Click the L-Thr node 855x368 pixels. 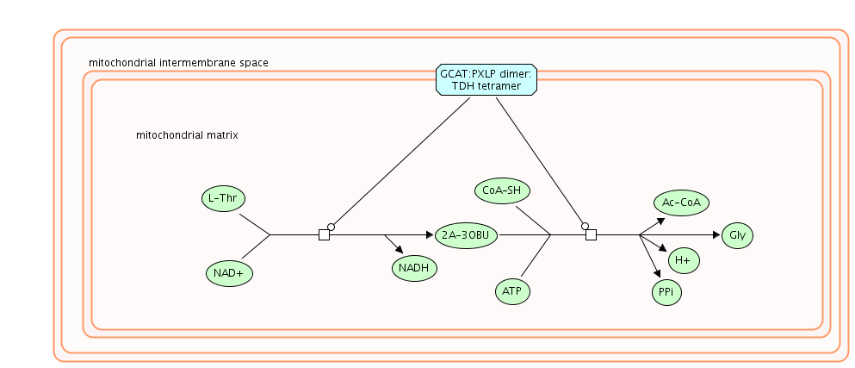pos(222,198)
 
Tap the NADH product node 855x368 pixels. pos(414,268)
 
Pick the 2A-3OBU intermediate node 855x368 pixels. pos(467,234)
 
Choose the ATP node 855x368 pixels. pos(512,291)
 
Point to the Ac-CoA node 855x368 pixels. pos(680,203)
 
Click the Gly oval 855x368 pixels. pos(737,234)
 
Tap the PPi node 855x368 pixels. pos(666,292)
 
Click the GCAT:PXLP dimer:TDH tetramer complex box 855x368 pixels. pos(487,80)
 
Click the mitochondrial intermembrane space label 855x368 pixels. pos(178,63)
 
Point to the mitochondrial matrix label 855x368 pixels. pos(187,135)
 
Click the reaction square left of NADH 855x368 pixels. pos(324,234)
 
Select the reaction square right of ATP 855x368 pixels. pos(591,234)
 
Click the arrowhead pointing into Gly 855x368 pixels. pos(716,234)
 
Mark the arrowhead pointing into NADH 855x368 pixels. pos(400,248)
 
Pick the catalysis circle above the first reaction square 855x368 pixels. pos(331,227)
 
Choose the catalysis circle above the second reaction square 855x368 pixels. pos(585,226)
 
